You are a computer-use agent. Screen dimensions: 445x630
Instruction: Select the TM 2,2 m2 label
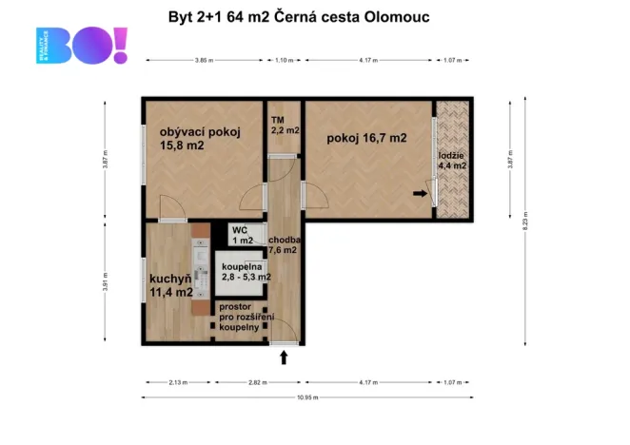pyautogui.click(x=285, y=125)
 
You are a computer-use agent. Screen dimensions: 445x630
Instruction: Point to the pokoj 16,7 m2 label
pyautogui.click(x=366, y=138)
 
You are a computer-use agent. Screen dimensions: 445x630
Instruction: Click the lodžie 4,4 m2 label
pyautogui.click(x=452, y=160)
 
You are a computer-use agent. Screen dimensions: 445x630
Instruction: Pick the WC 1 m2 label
pyautogui.click(x=243, y=235)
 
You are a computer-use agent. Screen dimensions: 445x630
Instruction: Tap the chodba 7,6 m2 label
pyautogui.click(x=285, y=245)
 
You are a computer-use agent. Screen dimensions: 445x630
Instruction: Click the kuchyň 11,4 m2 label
pyautogui.click(x=171, y=285)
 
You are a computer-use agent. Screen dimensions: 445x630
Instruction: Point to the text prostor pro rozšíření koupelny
pyautogui.click(x=246, y=317)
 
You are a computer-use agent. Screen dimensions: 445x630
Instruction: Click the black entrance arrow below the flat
pyautogui.click(x=284, y=358)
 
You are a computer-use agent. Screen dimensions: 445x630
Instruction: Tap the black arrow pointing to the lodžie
pyautogui.click(x=421, y=194)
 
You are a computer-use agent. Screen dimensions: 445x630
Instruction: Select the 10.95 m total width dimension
pyautogui.click(x=305, y=397)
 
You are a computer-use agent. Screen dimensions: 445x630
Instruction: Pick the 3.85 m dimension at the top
pyautogui.click(x=203, y=61)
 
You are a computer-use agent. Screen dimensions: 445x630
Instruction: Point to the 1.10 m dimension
pyautogui.click(x=284, y=61)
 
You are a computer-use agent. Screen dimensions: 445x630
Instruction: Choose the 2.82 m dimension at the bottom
pyautogui.click(x=253, y=382)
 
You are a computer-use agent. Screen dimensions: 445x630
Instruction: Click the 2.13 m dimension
pyautogui.click(x=178, y=382)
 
